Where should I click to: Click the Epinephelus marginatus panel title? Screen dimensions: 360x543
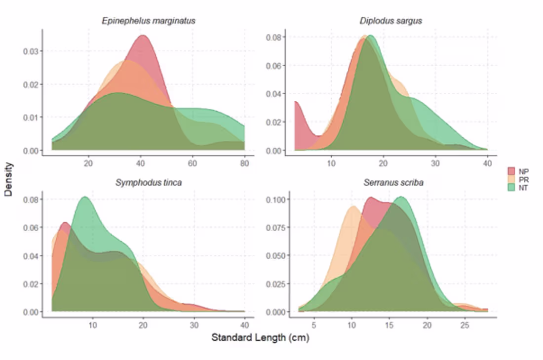[x=148, y=21]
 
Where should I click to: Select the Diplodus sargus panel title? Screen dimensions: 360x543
[x=390, y=21]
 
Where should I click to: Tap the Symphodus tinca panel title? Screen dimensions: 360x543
[x=148, y=183]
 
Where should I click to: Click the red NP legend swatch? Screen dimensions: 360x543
[x=511, y=171]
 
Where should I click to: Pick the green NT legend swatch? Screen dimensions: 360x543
[x=511, y=187]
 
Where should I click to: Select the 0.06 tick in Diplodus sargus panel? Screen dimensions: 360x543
[x=274, y=66]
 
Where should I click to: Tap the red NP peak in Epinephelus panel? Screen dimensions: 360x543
[x=143, y=36]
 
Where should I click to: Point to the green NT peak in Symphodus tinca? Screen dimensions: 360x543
[x=85, y=198]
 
